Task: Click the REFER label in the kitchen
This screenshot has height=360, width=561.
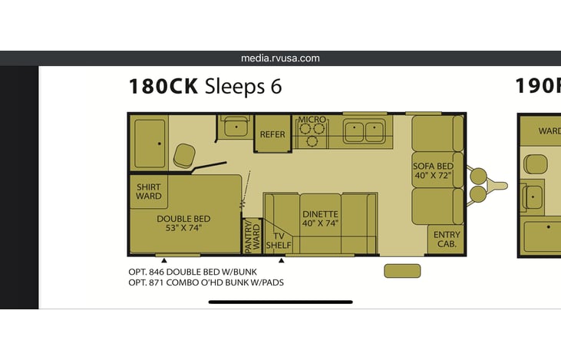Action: pyautogui.click(x=272, y=134)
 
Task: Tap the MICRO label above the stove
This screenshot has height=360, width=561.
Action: pyautogui.click(x=312, y=120)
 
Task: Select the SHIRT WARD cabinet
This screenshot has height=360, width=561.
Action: pyautogui.click(x=148, y=191)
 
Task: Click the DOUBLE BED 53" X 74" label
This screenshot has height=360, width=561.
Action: pyautogui.click(x=183, y=223)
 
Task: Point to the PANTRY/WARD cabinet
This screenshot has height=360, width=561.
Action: pyautogui.click(x=252, y=236)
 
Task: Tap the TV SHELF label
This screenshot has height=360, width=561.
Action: pyautogui.click(x=279, y=241)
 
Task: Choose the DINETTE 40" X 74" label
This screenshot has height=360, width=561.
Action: pyautogui.click(x=320, y=219)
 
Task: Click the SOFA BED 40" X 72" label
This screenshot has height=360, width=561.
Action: pyautogui.click(x=433, y=170)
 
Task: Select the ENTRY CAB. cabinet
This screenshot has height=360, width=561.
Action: pyautogui.click(x=446, y=239)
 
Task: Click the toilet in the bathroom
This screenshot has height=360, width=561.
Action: pyautogui.click(x=184, y=156)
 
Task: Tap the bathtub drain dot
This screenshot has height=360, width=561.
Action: pyautogui.click(x=159, y=144)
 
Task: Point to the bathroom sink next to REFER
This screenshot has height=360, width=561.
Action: pyautogui.click(x=236, y=127)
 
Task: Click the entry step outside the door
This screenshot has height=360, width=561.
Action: pyautogui.click(x=402, y=271)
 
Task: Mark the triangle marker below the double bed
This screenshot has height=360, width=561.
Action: pyautogui.click(x=164, y=260)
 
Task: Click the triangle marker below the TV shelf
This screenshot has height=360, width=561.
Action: pyautogui.click(x=281, y=260)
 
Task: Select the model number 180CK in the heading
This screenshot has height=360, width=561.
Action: pyautogui.click(x=163, y=86)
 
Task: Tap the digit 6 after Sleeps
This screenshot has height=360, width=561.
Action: pyautogui.click(x=276, y=87)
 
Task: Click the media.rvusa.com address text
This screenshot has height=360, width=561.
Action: pyautogui.click(x=280, y=58)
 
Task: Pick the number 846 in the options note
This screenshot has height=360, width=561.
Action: pyautogui.click(x=157, y=272)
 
